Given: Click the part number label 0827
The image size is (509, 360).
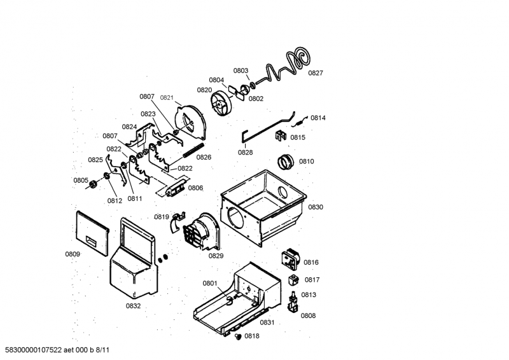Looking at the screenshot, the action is click(x=315, y=73).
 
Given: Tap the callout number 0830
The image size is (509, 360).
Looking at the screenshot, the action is click(x=315, y=207).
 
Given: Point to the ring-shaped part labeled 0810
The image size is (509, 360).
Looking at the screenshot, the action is click(x=285, y=162).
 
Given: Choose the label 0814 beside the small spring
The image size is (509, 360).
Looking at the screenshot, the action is click(x=317, y=118).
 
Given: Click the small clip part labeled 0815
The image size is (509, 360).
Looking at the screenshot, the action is click(x=281, y=135).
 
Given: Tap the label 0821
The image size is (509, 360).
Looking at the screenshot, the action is click(x=167, y=98).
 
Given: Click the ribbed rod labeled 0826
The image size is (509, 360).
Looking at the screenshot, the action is click(x=193, y=150).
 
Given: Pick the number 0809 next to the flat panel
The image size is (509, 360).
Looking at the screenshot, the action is click(x=73, y=254).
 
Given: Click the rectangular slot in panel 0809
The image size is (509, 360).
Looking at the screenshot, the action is click(x=90, y=240).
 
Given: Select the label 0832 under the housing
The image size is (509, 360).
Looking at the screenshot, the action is click(x=133, y=306).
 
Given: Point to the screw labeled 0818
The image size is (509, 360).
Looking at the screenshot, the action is click(x=238, y=336).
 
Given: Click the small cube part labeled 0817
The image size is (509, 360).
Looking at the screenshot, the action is click(x=293, y=279).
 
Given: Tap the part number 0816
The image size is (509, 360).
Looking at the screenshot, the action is click(x=311, y=262).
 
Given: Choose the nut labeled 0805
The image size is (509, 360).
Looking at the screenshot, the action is click(x=92, y=184).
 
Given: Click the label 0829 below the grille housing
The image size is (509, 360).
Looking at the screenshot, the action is click(x=216, y=256).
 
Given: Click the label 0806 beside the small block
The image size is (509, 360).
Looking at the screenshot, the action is click(x=195, y=188).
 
